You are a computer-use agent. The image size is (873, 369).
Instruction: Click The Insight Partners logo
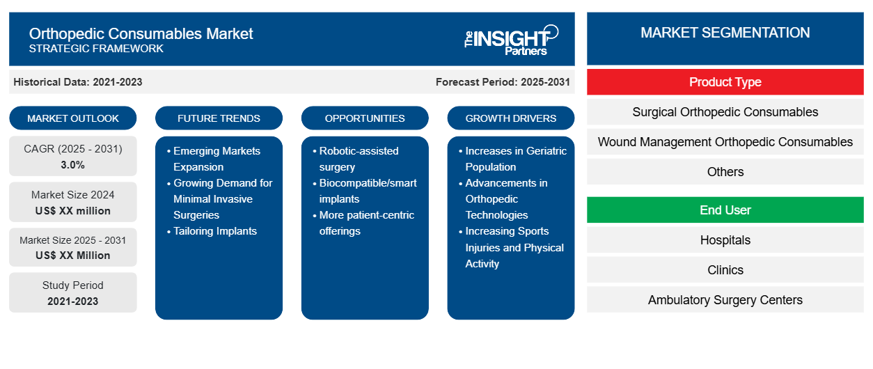[511, 40]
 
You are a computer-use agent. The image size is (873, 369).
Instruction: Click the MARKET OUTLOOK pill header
[73, 118]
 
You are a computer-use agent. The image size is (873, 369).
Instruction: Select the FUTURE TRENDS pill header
[219, 118]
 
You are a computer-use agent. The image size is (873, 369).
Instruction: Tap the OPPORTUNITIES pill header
[365, 118]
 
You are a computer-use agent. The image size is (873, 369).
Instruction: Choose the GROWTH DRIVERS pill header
[510, 118]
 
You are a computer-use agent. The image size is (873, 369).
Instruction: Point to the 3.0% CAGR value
[73, 165]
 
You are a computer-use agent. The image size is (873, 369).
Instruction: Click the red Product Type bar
[725, 82]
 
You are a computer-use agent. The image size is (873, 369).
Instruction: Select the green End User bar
[725, 210]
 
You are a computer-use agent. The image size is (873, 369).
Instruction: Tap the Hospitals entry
[725, 240]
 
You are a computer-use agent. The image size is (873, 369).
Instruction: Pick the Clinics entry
[725, 269]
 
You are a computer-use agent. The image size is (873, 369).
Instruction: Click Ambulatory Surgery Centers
[725, 299]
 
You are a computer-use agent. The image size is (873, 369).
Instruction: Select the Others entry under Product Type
[725, 171]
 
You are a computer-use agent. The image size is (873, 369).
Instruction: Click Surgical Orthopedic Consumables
[725, 112]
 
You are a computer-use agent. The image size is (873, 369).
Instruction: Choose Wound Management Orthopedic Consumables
[725, 142]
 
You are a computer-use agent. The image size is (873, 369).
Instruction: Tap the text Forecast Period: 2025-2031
[503, 82]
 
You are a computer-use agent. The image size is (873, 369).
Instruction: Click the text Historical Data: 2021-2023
[78, 82]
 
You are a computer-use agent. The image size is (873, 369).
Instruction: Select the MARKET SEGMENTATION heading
[725, 33]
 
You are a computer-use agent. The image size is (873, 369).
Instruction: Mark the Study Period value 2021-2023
[73, 301]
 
